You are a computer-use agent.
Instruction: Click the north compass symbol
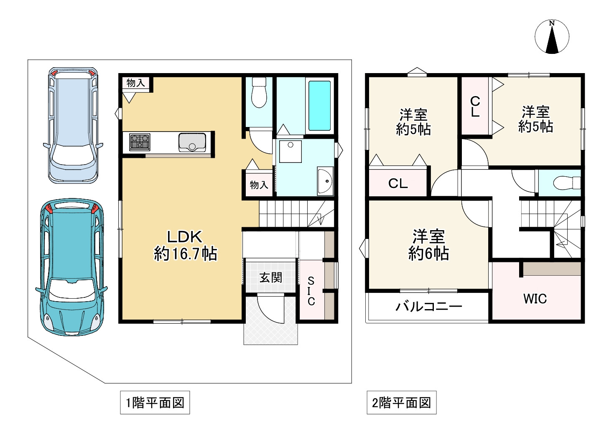[x=552, y=37]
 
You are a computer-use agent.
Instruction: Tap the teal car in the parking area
[x=71, y=268]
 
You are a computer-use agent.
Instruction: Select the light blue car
[x=73, y=125]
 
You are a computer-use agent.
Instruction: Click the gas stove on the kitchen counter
[x=140, y=142]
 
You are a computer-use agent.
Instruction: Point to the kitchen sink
[x=192, y=142]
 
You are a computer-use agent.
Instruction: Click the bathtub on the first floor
[x=319, y=106]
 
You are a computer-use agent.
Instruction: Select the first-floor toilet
[x=259, y=92]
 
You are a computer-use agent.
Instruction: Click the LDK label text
[x=184, y=237]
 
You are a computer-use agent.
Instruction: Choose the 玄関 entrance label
[x=271, y=277]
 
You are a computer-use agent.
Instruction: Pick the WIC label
[x=535, y=299]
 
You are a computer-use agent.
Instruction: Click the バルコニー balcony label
[x=429, y=307]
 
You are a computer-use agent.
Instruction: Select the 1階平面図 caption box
[x=155, y=403]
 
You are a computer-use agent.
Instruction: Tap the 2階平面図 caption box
[x=402, y=403]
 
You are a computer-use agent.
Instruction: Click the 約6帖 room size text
[x=428, y=254]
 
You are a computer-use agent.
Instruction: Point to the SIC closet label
[x=311, y=291]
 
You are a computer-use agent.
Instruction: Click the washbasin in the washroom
[x=325, y=181]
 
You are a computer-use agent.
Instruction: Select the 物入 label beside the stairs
[x=259, y=185]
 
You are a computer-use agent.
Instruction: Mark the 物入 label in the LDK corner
[x=136, y=82]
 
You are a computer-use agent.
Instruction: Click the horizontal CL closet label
[x=398, y=183]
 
